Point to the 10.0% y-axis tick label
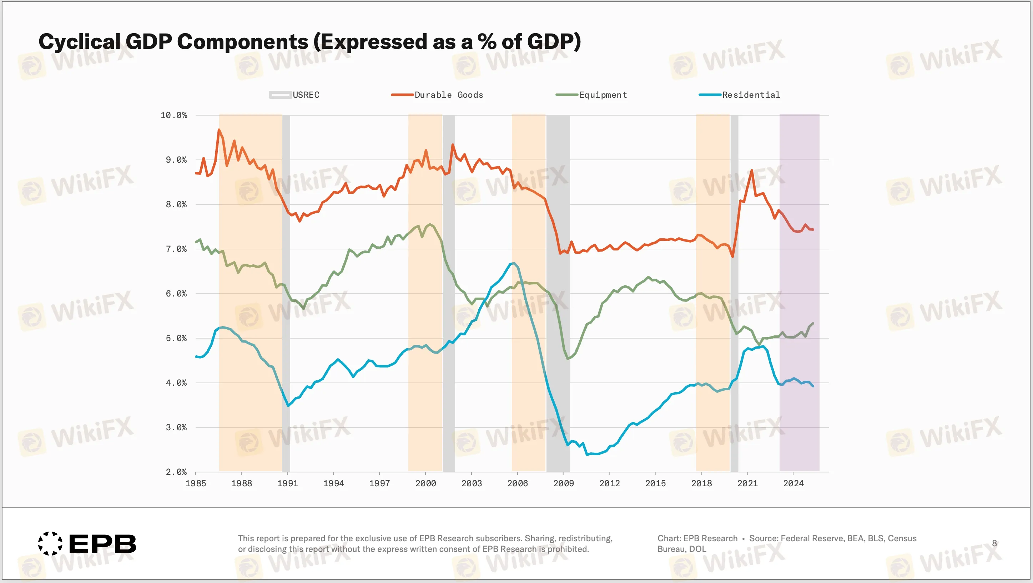pyautogui.click(x=173, y=116)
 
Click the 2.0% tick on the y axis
pyautogui.click(x=176, y=472)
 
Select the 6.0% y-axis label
pyautogui.click(x=176, y=294)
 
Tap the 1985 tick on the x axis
pyautogui.click(x=196, y=483)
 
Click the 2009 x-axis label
pyautogui.click(x=563, y=483)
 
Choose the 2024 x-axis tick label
pyautogui.click(x=793, y=483)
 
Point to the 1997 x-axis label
pyautogui.click(x=379, y=483)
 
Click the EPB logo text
pyautogui.click(x=102, y=544)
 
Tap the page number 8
pyautogui.click(x=994, y=543)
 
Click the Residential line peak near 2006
pyautogui.click(x=514, y=263)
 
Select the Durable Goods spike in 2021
pyautogui.click(x=751, y=171)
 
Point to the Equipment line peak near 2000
pyautogui.click(x=430, y=224)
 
